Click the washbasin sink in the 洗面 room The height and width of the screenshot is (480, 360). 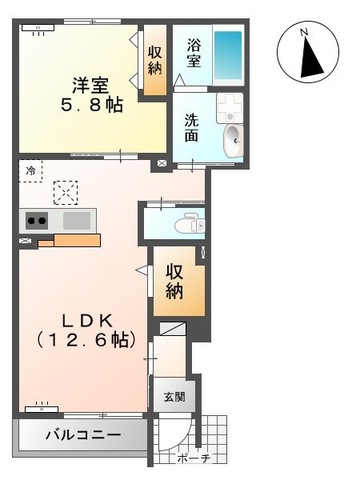click(x=233, y=138)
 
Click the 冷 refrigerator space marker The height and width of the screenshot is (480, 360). click(x=30, y=171)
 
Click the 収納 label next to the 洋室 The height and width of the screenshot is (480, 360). click(x=155, y=61)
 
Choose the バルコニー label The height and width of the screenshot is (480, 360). click(x=83, y=438)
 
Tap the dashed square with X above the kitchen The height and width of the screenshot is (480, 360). click(x=65, y=191)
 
